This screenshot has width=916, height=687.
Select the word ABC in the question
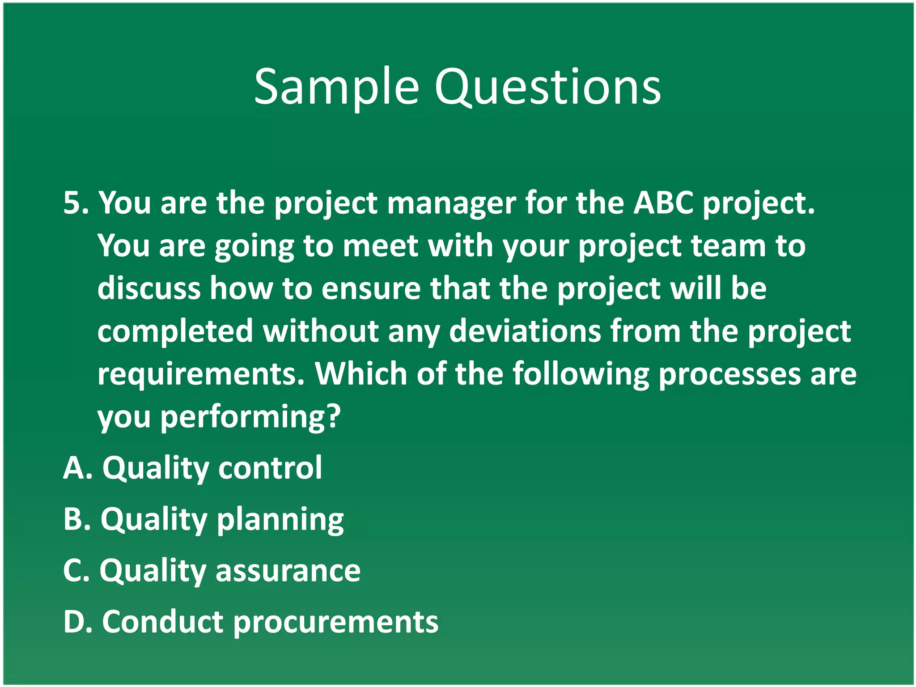point(663,204)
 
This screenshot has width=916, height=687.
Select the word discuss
point(149,288)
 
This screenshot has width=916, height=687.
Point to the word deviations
point(525,331)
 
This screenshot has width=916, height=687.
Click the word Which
point(360,373)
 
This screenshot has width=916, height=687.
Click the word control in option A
point(270,468)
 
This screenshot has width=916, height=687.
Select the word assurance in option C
point(288,571)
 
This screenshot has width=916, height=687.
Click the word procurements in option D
point(336,623)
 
